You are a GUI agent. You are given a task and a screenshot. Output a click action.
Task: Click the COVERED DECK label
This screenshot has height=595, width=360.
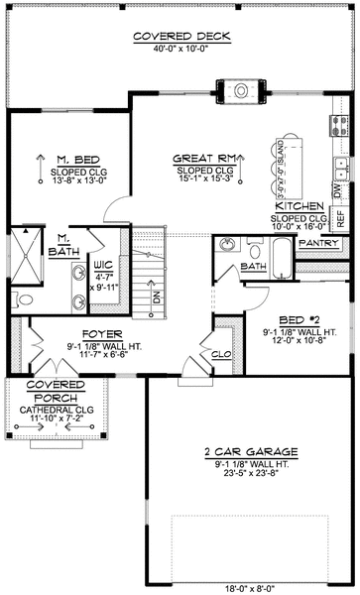[180, 38]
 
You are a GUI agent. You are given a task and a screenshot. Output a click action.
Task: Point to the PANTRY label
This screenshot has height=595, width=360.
[318, 242]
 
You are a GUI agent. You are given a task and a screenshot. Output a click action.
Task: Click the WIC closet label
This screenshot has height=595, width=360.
[103, 266]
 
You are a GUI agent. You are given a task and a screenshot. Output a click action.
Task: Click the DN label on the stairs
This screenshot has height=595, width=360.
[155, 296]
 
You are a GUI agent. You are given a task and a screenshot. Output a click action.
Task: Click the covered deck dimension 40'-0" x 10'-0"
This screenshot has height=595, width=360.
[180, 51]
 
